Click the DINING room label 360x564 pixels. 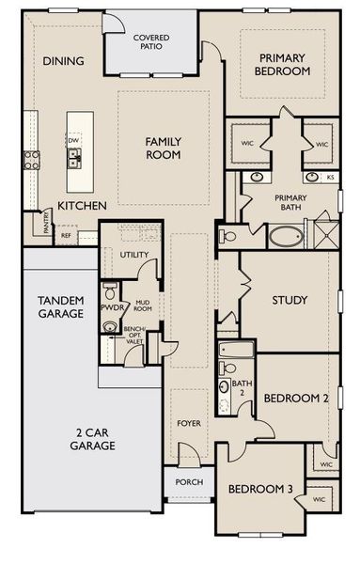(x=65, y=61)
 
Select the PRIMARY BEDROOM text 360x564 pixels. (x=283, y=64)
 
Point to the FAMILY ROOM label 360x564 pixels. (x=163, y=148)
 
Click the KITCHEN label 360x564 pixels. (x=82, y=205)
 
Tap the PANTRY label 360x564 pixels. (x=46, y=222)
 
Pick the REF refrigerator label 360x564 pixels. (x=67, y=235)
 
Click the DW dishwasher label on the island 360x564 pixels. (x=72, y=140)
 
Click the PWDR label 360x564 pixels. (x=113, y=306)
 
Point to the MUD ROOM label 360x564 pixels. (x=143, y=305)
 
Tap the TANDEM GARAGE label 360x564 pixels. (x=61, y=306)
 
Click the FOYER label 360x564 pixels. (x=189, y=423)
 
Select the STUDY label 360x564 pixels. (x=290, y=301)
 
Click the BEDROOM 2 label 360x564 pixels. (x=295, y=398)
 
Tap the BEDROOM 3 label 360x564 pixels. (x=258, y=489)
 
